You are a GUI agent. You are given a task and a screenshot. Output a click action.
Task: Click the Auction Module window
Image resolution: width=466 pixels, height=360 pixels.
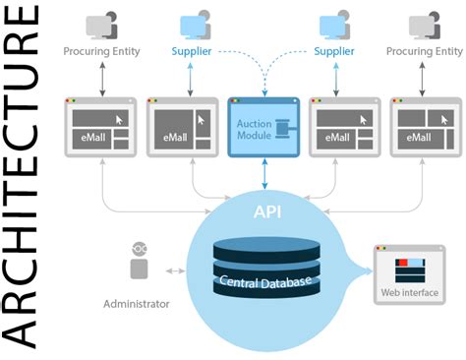[x=262, y=128]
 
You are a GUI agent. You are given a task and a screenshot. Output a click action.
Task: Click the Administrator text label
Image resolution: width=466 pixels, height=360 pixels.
[x=137, y=304]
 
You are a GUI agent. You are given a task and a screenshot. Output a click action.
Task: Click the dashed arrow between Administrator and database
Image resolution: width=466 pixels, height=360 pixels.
[x=174, y=268]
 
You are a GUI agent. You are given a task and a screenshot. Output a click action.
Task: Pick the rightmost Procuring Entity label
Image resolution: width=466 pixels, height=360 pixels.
[x=424, y=50]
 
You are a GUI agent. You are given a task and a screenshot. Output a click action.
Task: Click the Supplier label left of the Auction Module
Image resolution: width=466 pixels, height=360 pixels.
[x=192, y=50]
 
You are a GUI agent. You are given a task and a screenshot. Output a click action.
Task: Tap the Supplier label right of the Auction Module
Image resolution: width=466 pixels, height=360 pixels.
[x=334, y=50]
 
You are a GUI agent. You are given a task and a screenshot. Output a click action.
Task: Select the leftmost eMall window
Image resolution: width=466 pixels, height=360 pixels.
[x=100, y=128]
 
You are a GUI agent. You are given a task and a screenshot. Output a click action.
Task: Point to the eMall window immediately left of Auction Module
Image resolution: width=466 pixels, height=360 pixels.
[x=181, y=128]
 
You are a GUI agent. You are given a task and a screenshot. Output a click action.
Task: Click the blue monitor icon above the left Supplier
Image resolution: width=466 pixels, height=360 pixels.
[x=194, y=24]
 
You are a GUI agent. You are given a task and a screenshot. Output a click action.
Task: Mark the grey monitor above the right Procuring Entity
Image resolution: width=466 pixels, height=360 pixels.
[x=422, y=24]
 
